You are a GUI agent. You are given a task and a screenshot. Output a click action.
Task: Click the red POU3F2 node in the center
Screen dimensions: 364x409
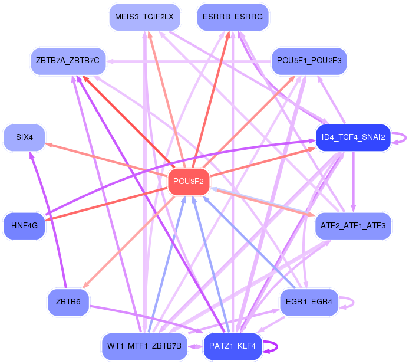coord(189,181)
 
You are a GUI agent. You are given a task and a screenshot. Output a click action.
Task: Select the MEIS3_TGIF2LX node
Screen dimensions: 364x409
coord(144,17)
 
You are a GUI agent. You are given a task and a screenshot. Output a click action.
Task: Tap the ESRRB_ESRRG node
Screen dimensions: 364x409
coord(233,17)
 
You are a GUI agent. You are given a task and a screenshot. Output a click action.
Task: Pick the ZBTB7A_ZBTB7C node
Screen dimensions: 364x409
coord(68,61)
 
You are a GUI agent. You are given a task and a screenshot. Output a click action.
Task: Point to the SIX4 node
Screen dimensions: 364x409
coord(24,137)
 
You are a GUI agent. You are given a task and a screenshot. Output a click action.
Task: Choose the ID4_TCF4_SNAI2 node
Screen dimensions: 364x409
coord(353,137)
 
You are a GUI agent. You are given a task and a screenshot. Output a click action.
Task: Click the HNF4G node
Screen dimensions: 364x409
coord(24,225)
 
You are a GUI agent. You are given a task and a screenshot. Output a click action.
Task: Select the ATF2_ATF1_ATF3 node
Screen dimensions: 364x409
coord(353,225)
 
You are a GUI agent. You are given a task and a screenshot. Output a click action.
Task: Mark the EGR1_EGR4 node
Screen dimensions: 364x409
coord(309,302)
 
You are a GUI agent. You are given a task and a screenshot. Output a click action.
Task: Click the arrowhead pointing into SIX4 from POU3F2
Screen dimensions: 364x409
coord(49,145)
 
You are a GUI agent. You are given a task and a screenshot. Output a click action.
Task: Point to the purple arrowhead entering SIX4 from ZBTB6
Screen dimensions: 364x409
coord(31,155)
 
